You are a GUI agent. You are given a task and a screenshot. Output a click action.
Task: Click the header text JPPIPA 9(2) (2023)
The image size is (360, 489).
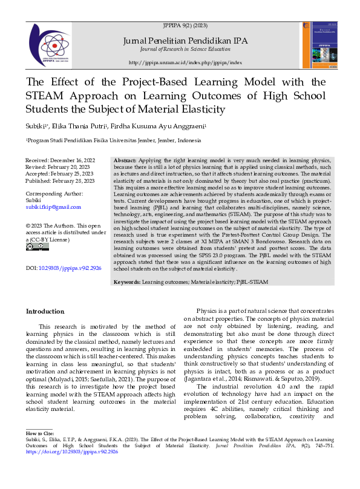(x=185, y=27)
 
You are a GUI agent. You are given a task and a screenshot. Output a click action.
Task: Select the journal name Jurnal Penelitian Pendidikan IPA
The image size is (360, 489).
(x=185, y=40)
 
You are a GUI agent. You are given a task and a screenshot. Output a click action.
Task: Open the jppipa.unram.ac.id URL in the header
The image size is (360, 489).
(x=185, y=62)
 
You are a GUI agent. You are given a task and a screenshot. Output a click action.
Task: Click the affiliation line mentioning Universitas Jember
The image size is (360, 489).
(x=114, y=140)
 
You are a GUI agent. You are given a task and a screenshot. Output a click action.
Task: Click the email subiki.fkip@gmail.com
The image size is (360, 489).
(x=53, y=207)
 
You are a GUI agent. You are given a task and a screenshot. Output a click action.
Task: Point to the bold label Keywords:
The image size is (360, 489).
(x=127, y=283)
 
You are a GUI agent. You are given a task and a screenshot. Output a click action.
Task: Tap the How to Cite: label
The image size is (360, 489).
(x=39, y=435)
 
